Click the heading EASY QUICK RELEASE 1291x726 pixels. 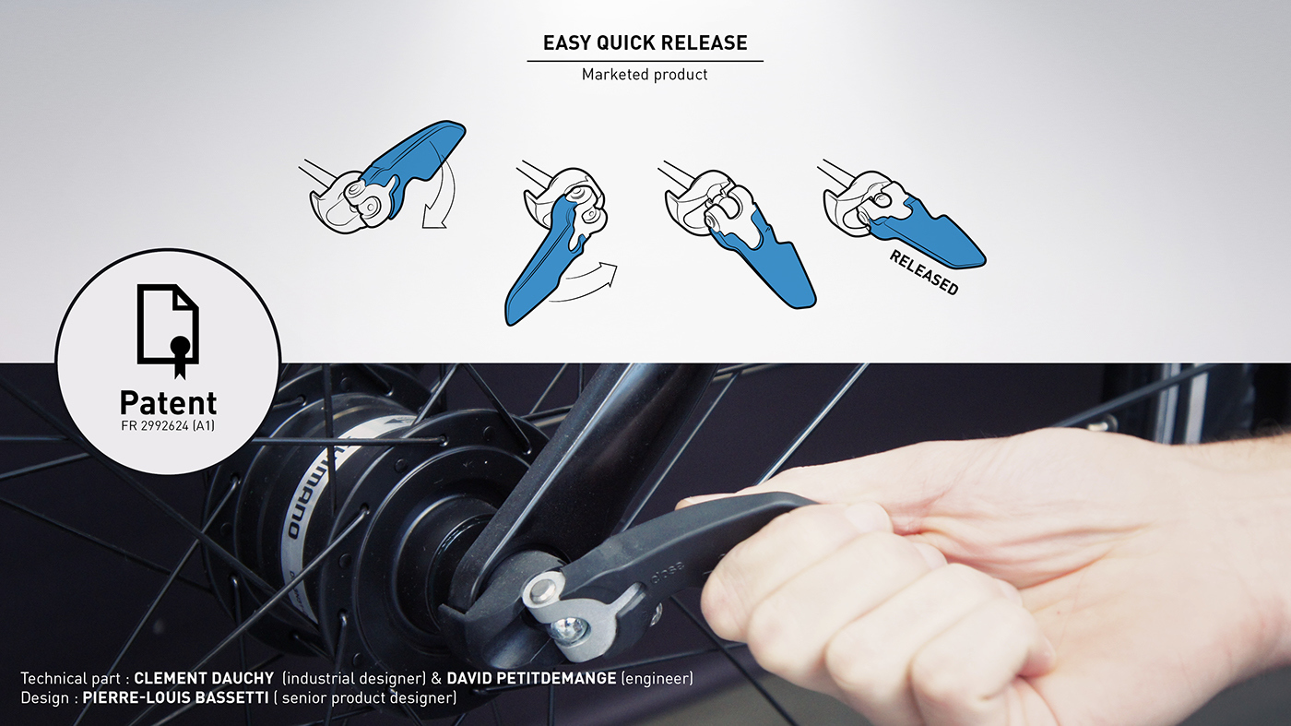(x=645, y=42)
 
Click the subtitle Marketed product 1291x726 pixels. (x=645, y=75)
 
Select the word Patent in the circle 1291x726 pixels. (x=168, y=402)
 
